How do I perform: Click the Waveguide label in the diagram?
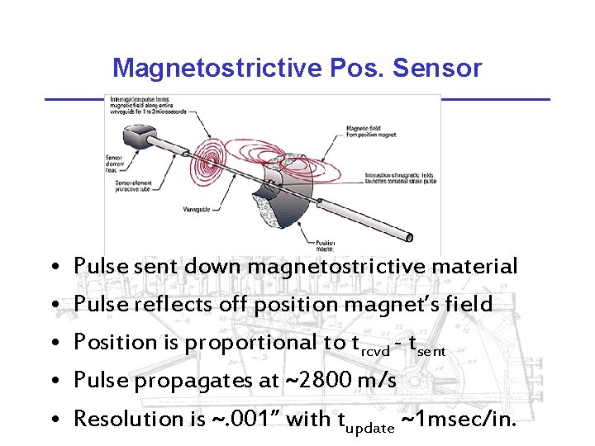click(x=198, y=209)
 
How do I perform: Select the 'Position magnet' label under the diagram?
click(x=326, y=245)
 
